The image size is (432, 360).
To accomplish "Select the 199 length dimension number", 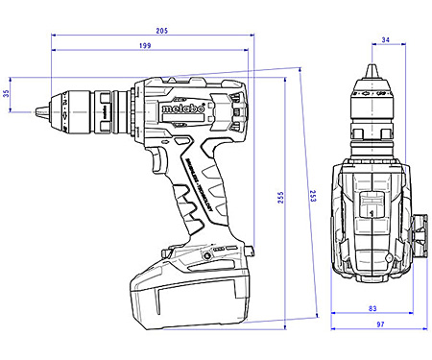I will pos(143,45).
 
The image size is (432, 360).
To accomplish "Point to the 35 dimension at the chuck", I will pos(8,93).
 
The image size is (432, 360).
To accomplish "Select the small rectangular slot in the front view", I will pos(370,204).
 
